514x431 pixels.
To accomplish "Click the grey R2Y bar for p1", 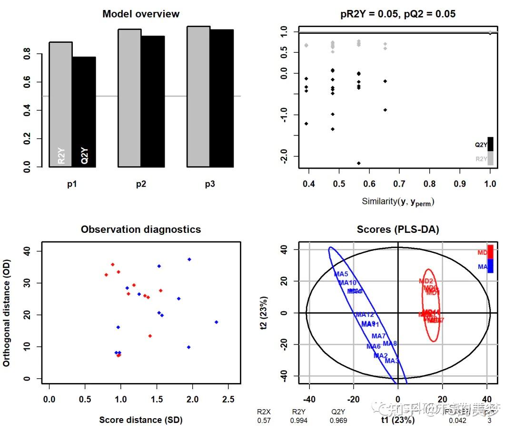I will [x=60, y=105].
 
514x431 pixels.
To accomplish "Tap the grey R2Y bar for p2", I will [x=129, y=98].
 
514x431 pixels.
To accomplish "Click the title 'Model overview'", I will [x=141, y=14].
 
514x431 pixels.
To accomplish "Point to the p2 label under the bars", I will [x=141, y=184].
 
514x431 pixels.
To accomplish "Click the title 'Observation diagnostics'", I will [x=141, y=230].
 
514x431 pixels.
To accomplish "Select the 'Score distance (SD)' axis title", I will [x=141, y=420].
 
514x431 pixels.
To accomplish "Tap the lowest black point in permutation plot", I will [x=359, y=163].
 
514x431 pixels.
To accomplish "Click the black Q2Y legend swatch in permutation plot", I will [x=490, y=144].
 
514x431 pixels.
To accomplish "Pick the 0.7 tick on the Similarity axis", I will [x=399, y=183].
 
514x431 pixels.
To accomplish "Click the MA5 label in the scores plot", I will [x=341, y=274].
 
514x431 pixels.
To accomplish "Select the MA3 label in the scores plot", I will [x=392, y=361].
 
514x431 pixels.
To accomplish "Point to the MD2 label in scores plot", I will [x=426, y=281].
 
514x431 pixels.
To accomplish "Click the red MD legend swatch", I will [x=490, y=251].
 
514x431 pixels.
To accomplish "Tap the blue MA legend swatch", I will [x=490, y=266].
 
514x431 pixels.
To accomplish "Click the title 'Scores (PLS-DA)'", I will [x=398, y=230].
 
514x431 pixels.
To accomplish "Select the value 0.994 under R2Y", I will [x=298, y=421].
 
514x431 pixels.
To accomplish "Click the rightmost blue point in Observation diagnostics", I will [x=216, y=322].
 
